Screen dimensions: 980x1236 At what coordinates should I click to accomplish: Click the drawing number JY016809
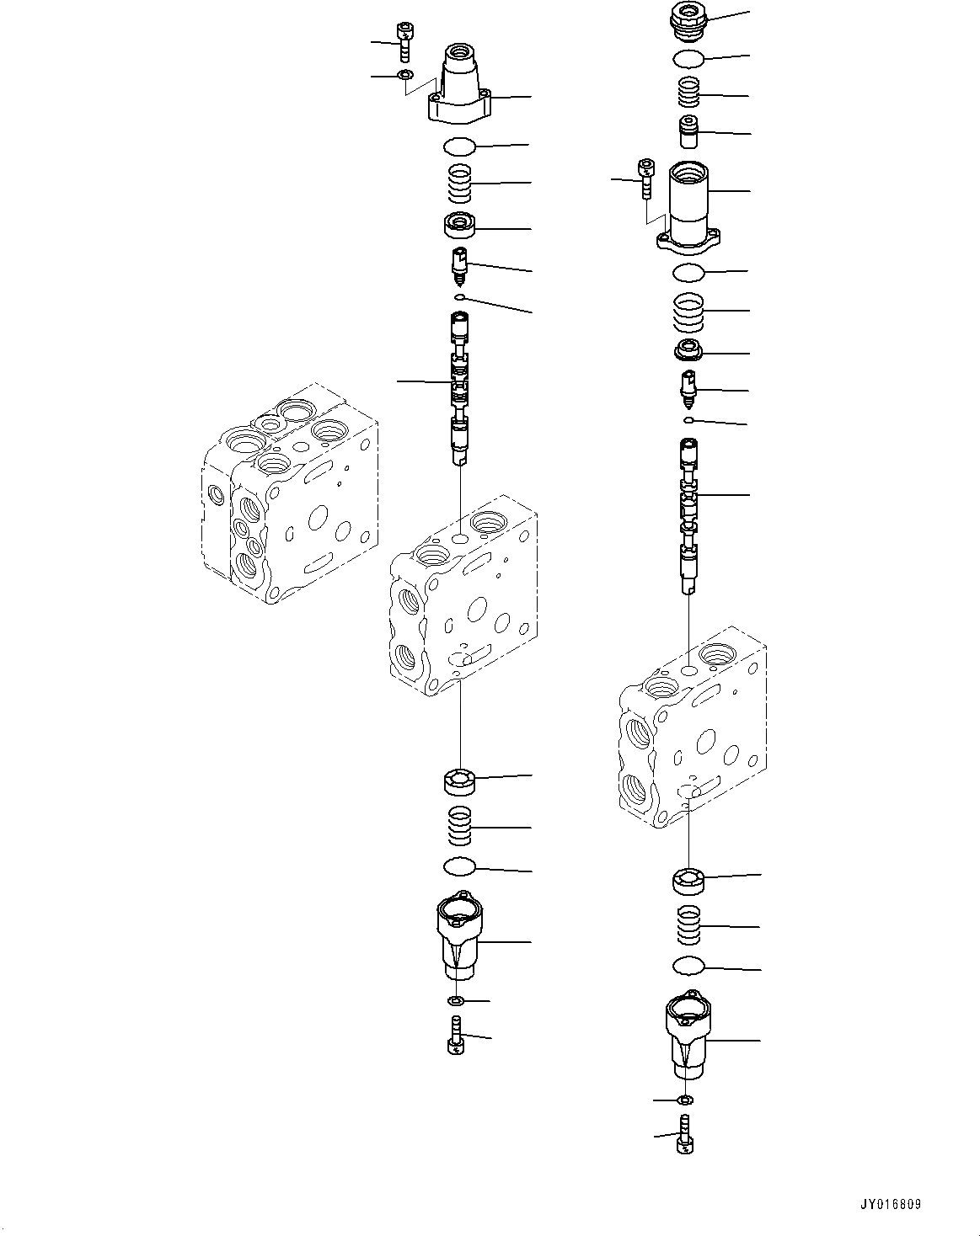pos(891,1202)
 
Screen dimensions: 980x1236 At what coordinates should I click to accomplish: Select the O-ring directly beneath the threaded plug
pos(688,59)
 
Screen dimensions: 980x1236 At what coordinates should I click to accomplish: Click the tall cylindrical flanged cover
pos(688,209)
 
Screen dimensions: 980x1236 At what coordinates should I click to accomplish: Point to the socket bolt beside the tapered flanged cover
pos(404,42)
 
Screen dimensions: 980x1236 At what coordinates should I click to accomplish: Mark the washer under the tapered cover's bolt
pos(405,75)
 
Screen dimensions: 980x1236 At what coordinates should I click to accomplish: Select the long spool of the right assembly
pos(689,515)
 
